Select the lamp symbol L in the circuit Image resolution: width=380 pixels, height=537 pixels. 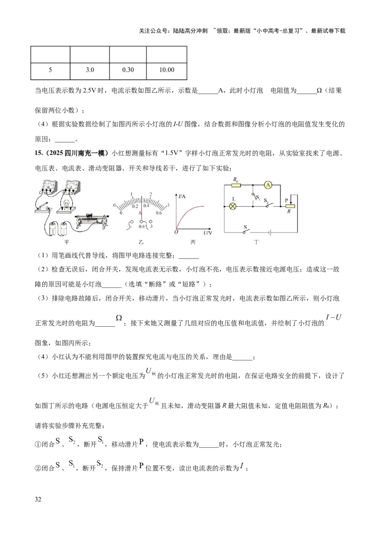click(233, 206)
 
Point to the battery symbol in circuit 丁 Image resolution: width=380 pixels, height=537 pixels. click(269, 232)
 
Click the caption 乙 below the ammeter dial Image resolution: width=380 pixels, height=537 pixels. click(141, 242)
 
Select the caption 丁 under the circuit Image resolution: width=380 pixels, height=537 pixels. click(256, 242)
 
